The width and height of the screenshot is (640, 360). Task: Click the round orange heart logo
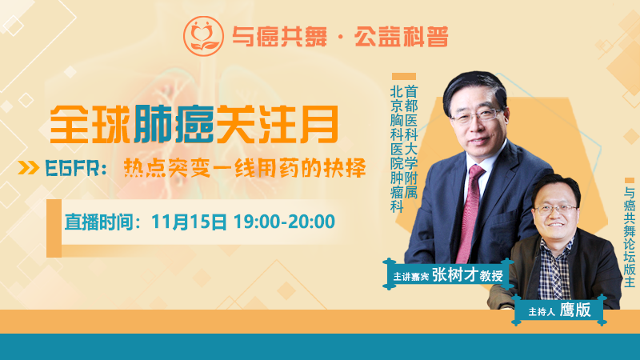click(203, 36)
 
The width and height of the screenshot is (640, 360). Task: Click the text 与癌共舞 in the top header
click(279, 37)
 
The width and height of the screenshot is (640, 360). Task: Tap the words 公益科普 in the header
click(402, 37)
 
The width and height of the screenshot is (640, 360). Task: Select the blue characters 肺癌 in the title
click(174, 125)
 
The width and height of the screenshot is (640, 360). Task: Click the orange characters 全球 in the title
click(90, 125)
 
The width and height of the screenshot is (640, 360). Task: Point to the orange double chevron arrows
click(29, 168)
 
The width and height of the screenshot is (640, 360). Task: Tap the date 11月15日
click(189, 222)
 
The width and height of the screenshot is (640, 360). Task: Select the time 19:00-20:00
click(284, 222)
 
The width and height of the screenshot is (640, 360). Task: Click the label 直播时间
click(99, 222)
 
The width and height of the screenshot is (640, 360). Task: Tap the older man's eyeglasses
click(477, 115)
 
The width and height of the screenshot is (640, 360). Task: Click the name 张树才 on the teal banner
click(454, 274)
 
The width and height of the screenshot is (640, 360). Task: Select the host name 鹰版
click(575, 310)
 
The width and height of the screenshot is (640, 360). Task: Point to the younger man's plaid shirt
click(554, 269)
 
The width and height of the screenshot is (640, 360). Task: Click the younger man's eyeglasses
click(555, 210)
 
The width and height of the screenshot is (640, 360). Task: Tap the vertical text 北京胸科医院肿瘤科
click(397, 149)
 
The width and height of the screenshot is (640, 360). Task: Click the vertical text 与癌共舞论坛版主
click(630, 237)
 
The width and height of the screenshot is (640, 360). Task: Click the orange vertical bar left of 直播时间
click(54, 228)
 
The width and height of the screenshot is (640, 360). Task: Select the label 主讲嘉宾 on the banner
click(410, 277)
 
